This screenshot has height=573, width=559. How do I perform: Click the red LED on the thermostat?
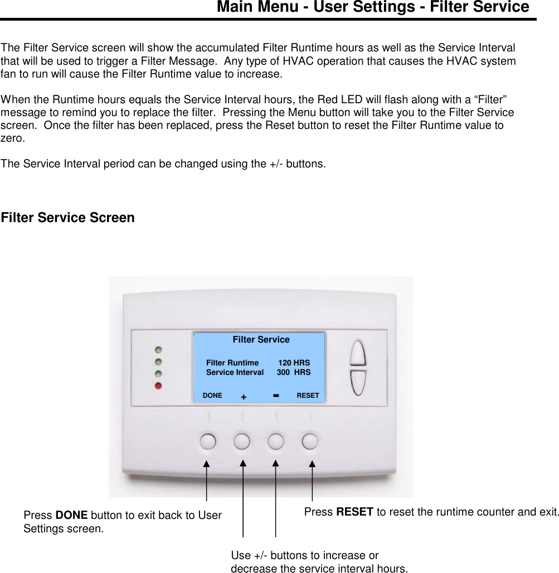click(159, 386)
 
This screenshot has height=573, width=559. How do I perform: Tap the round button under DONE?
click(207, 441)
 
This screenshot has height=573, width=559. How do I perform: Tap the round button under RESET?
click(310, 441)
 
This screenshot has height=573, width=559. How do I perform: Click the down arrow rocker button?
click(358, 382)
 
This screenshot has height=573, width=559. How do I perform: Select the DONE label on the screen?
click(212, 396)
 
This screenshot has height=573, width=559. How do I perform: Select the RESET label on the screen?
click(308, 396)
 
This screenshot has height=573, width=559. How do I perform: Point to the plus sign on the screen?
click(244, 397)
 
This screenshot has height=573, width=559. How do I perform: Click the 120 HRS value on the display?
click(294, 363)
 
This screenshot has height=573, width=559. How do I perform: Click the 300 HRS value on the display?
click(294, 372)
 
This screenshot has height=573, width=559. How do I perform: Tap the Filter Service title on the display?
click(261, 339)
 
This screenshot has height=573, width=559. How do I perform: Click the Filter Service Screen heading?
click(67, 218)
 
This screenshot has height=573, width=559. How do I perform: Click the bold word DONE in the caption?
click(71, 516)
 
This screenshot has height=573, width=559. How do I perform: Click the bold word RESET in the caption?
click(354, 512)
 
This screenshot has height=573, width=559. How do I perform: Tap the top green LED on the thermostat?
click(159, 350)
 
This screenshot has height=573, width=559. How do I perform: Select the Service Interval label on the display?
click(235, 372)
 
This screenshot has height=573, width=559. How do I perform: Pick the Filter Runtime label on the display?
click(232, 363)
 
